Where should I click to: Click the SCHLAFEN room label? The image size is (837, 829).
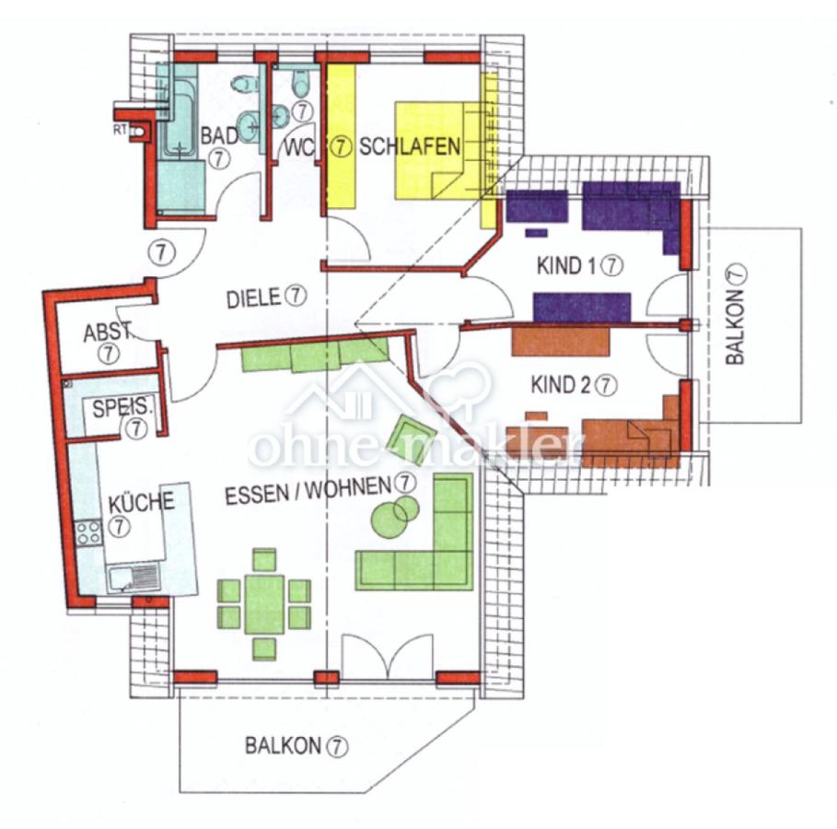pos(409,146)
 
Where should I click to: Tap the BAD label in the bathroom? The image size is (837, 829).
pos(219,135)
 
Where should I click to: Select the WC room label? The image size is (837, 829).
pos(299,148)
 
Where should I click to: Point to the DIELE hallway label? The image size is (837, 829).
pos(253,298)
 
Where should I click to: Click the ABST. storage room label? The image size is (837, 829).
pos(107,333)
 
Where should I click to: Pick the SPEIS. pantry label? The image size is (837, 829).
pos(122,408)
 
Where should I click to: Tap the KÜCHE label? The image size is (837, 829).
pos(142,503)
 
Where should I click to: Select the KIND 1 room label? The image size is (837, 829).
pos(566,265)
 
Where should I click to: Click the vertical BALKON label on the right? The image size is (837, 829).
pos(735,327)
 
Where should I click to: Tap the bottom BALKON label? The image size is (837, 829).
pos(283,746)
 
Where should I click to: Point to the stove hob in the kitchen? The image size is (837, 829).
pos(88,532)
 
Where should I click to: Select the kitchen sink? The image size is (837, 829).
pos(134,578)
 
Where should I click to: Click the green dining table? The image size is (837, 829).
pos(265,604)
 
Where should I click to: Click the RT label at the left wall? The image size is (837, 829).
pos(120,129)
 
